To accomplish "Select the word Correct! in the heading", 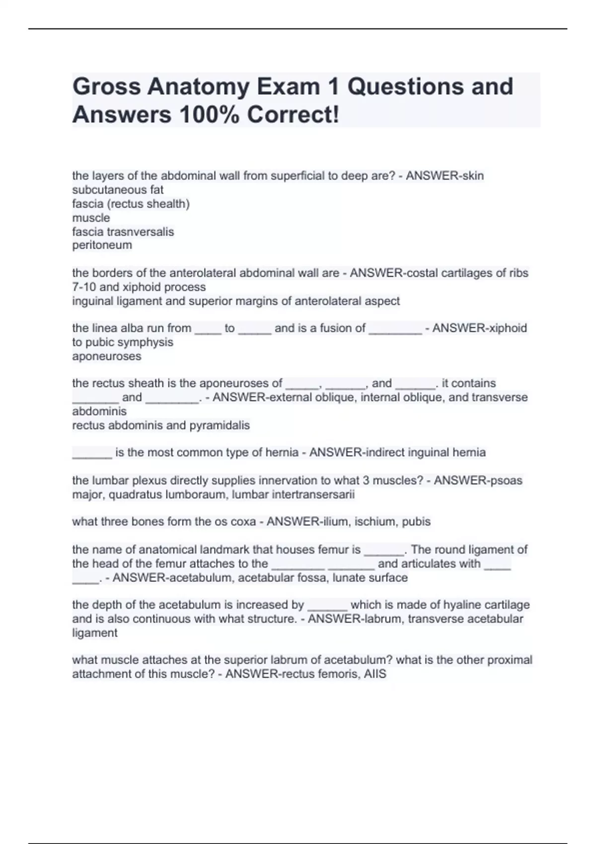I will coord(293,115).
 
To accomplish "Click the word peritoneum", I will coord(102,245).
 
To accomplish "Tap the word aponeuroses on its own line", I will coord(107,356).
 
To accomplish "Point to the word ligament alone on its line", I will coord(95,633).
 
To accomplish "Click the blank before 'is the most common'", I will coord(92,453).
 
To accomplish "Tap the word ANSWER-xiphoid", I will coord(479,328).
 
